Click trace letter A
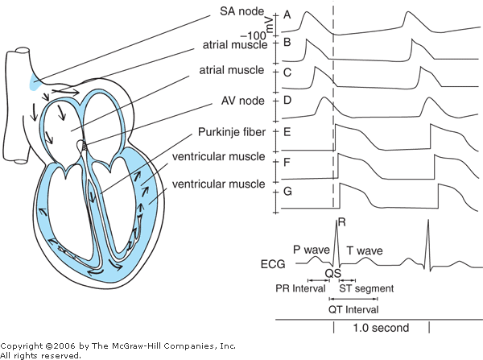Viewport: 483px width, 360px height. click(287, 14)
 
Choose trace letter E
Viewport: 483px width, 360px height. click(287, 131)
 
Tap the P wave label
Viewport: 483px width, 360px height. click(311, 250)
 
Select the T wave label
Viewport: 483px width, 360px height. click(365, 250)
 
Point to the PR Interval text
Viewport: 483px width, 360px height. click(301, 288)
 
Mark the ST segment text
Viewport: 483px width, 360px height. click(365, 288)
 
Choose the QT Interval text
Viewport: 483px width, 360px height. click(352, 310)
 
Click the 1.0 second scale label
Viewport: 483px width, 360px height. click(380, 328)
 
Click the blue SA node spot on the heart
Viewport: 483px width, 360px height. click(33, 80)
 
